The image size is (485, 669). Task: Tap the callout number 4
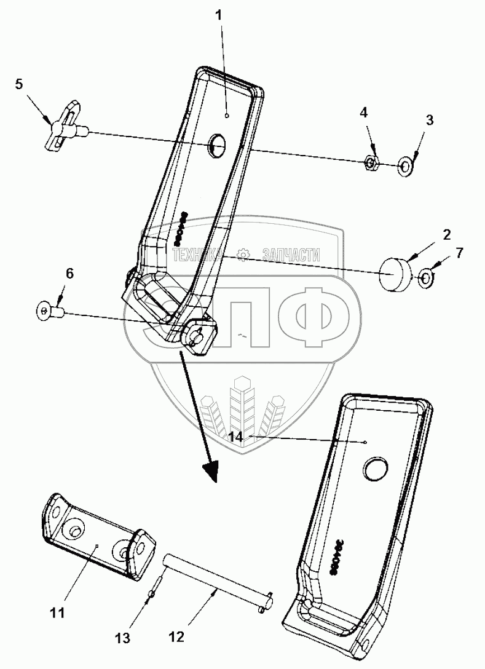click(364, 113)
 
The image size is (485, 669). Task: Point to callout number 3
click(429, 120)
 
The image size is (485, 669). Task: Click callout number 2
click(446, 234)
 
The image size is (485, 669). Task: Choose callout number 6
click(69, 274)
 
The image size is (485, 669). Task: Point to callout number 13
click(124, 638)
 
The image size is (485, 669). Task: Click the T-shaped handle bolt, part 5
click(64, 128)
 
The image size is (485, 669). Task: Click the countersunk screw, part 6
click(44, 312)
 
